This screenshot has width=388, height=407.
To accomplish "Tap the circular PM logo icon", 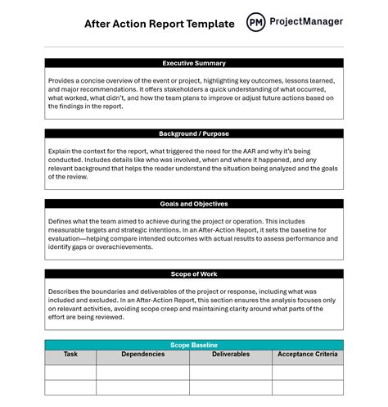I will [x=256, y=22].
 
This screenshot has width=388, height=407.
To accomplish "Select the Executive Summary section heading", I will [x=194, y=63].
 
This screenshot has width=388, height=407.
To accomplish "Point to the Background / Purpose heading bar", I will [x=194, y=133].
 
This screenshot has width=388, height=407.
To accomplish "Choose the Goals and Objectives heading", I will [x=194, y=204].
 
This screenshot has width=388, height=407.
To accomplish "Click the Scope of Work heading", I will [x=194, y=274].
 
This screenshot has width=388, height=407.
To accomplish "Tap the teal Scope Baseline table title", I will [x=194, y=345].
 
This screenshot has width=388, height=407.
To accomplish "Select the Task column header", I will [x=70, y=355].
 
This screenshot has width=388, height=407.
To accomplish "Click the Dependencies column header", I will [x=142, y=355].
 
